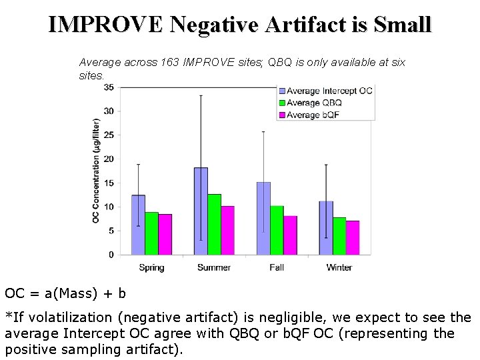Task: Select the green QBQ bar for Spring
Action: point(151,233)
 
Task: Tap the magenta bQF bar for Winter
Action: point(353,237)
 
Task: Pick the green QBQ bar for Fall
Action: point(277,230)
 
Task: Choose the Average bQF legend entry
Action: point(312,115)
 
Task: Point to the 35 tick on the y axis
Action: point(108,87)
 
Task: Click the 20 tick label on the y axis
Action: point(108,159)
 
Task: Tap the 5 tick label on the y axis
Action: point(110,231)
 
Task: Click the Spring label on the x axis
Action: point(151,267)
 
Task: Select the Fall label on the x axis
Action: point(277,267)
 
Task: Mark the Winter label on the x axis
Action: point(339,267)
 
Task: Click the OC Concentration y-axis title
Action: point(96,171)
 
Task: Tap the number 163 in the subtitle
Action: point(171,62)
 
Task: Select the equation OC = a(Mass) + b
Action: point(65,293)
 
